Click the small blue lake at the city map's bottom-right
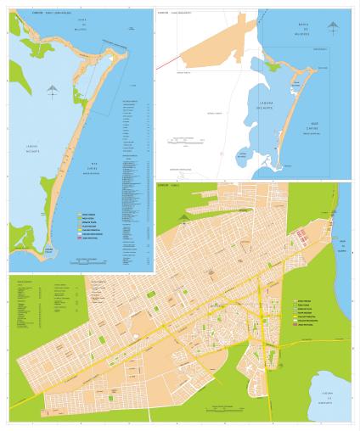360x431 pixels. point(331,391)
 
